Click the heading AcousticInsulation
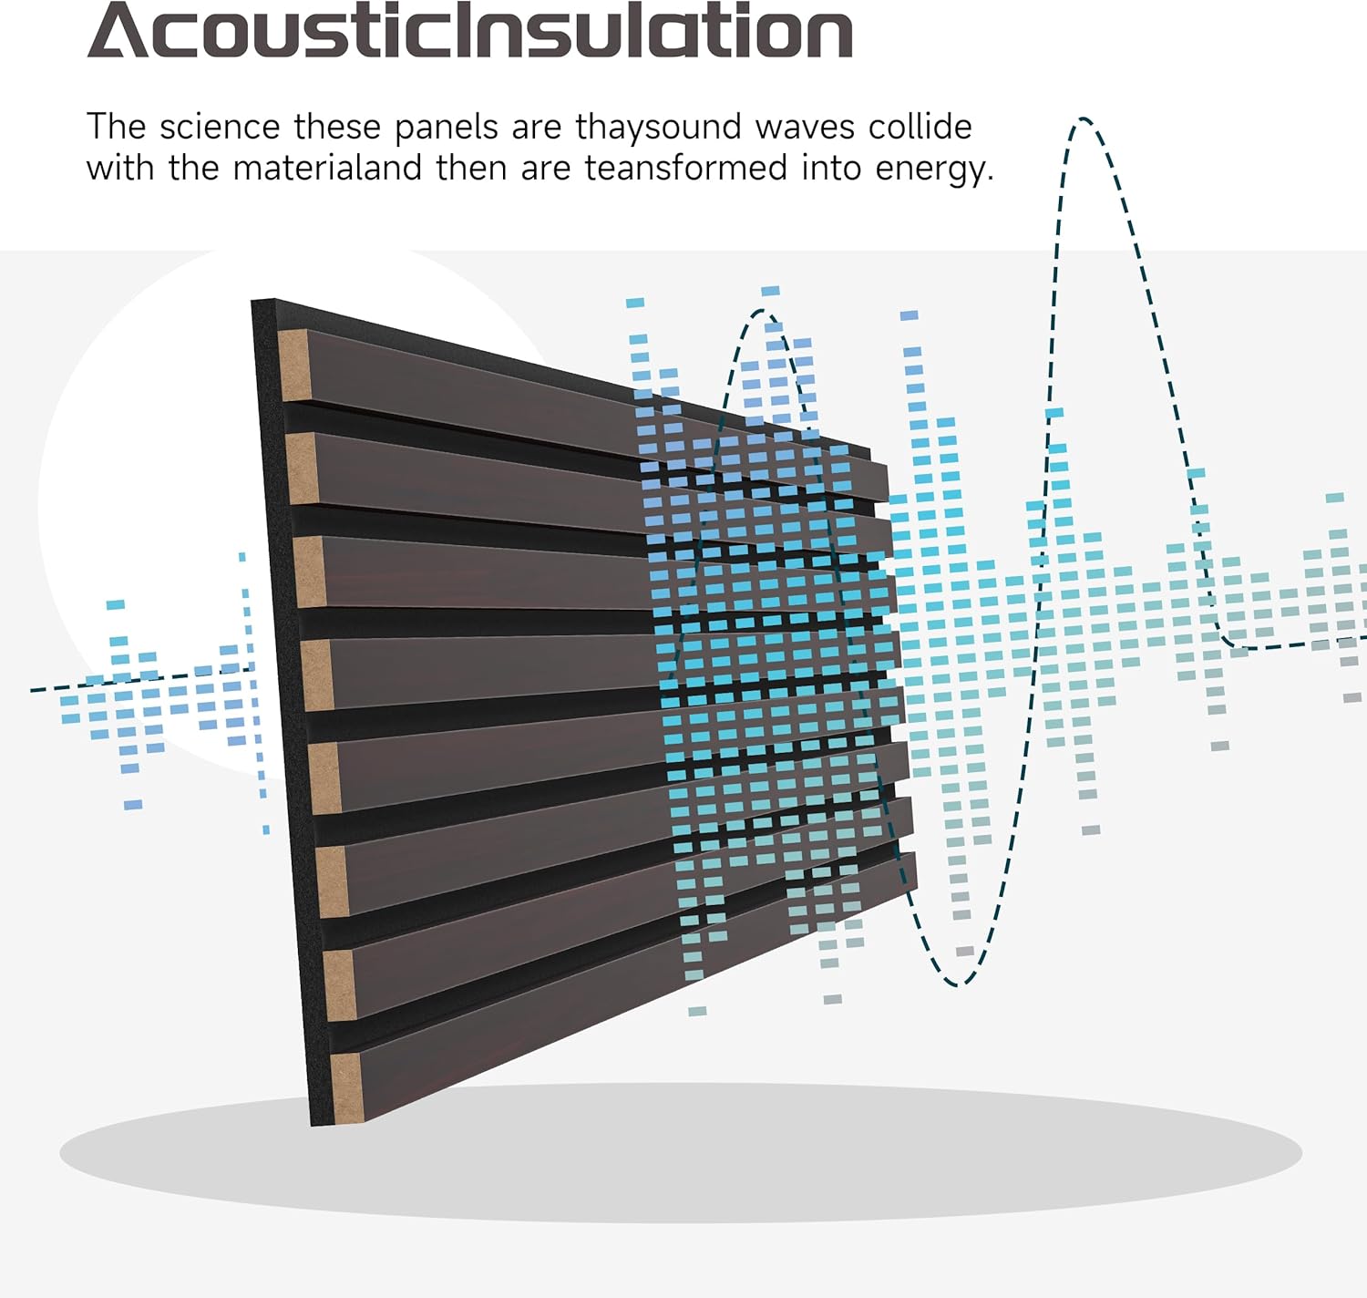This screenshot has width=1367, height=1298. click(470, 31)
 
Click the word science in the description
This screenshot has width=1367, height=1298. click(220, 128)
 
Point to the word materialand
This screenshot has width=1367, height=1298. click(327, 169)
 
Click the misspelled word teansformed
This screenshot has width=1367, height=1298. click(685, 169)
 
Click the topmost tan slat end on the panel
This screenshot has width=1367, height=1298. click(293, 366)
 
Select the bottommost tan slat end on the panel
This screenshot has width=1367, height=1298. click(346, 1087)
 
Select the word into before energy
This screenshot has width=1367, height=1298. click(831, 169)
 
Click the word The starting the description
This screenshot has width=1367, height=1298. click(116, 128)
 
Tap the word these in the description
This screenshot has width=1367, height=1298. click(337, 128)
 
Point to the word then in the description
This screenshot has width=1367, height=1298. click(471, 169)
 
